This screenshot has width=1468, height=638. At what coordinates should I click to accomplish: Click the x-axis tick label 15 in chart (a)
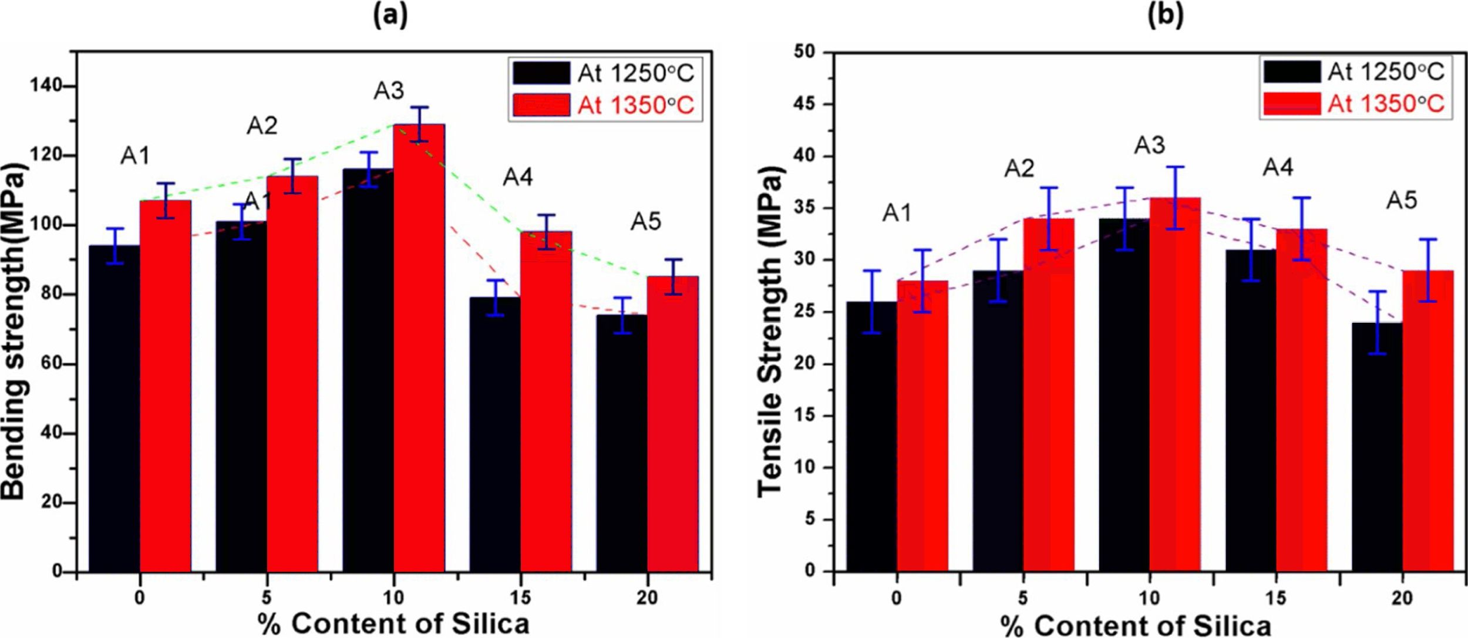tap(520, 598)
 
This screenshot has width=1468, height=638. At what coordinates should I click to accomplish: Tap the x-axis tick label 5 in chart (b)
tap(1023, 598)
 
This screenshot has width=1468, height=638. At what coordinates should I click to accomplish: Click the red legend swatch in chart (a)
tap(541, 105)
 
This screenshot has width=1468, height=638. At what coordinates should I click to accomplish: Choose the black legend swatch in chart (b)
tap(1292, 71)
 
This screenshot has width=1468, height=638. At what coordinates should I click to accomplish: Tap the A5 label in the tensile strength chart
tap(1402, 201)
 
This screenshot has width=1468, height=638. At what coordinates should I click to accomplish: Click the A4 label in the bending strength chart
tap(518, 177)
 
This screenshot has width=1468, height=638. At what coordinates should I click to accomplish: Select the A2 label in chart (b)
tap(1019, 168)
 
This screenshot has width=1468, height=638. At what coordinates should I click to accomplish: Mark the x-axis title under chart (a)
tap(393, 624)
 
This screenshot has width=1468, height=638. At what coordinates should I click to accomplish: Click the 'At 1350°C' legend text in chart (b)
tap(1386, 104)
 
